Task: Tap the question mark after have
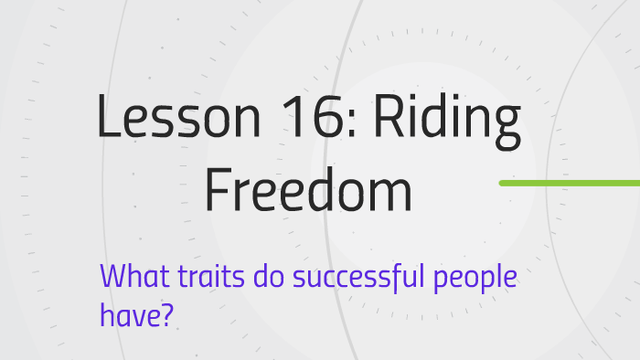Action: (168, 315)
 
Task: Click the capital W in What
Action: (112, 275)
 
